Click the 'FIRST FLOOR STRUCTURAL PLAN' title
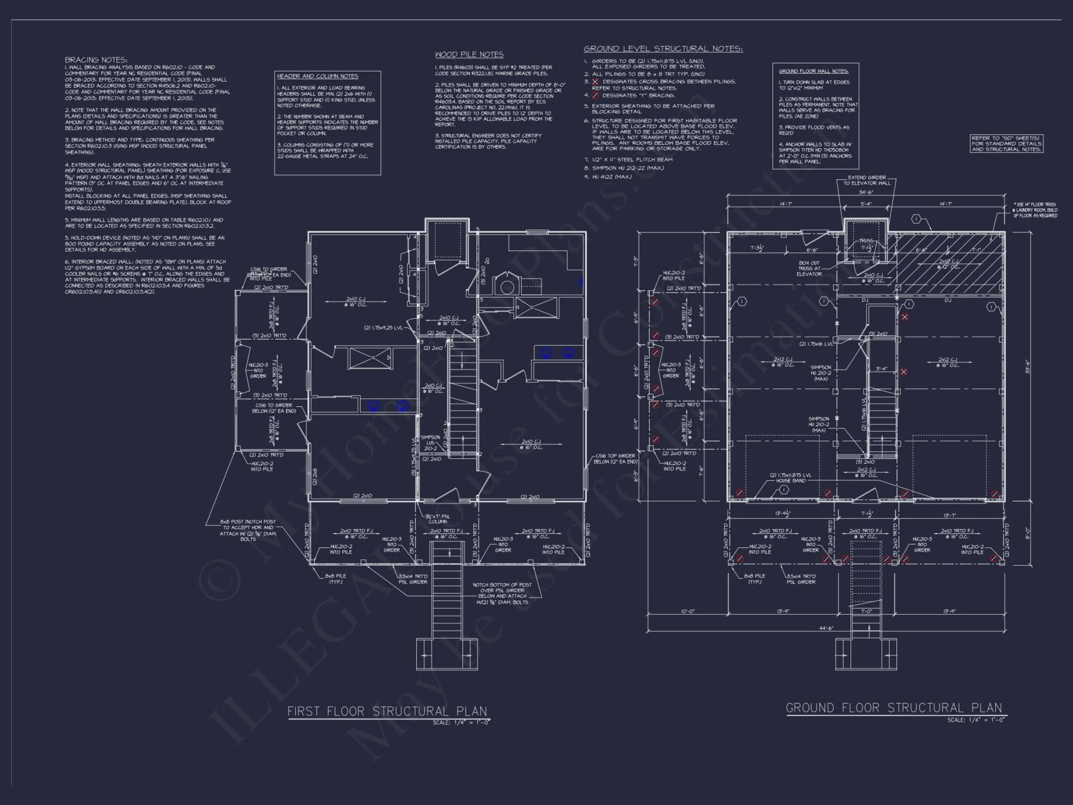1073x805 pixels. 387,711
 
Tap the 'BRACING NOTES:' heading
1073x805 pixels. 96,60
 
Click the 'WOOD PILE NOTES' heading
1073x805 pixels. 469,54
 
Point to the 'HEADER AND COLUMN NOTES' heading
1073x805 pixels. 318,76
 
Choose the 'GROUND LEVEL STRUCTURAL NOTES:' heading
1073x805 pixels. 663,49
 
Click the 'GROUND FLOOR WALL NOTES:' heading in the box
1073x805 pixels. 813,71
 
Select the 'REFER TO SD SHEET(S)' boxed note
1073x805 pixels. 1006,144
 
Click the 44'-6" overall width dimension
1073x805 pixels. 827,628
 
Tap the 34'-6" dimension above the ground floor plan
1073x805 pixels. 866,192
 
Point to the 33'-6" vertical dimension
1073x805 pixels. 1026,367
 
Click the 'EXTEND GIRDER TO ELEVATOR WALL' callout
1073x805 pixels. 866,180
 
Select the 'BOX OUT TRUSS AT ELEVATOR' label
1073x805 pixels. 809,268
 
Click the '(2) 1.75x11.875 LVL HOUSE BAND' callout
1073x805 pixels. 790,478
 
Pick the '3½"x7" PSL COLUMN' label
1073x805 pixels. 438,519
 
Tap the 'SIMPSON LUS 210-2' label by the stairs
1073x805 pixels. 430,443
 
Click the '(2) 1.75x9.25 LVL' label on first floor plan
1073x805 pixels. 382,327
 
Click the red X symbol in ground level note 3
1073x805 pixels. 594,82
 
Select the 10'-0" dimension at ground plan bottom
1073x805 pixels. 687,611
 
